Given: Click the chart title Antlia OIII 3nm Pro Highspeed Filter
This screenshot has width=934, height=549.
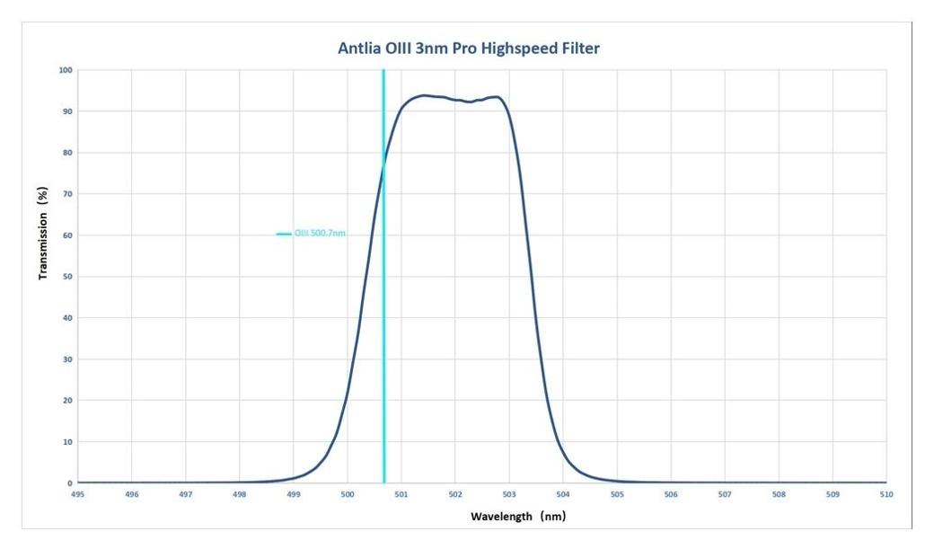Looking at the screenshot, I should pyautogui.click(x=468, y=49).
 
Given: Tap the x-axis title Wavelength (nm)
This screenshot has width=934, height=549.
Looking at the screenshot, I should pyautogui.click(x=518, y=517).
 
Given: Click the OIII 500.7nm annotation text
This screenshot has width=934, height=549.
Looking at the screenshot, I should pyautogui.click(x=321, y=234).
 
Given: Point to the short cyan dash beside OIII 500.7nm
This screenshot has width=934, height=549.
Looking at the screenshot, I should pyautogui.click(x=284, y=234).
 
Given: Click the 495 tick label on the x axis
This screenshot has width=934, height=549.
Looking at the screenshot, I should pyautogui.click(x=78, y=494).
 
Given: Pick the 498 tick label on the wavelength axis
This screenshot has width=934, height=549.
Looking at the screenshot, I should pyautogui.click(x=240, y=494).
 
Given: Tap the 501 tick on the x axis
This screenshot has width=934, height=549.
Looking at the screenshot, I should pyautogui.click(x=401, y=494).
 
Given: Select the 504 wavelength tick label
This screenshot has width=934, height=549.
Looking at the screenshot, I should pyautogui.click(x=563, y=494).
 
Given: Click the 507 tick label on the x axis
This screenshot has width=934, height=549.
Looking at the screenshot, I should pyautogui.click(x=725, y=494).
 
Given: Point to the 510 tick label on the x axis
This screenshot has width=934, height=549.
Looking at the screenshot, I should pyautogui.click(x=886, y=494).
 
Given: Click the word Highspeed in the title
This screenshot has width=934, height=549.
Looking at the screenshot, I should pyautogui.click(x=520, y=49).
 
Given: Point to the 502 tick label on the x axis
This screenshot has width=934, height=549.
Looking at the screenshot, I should pyautogui.click(x=455, y=494).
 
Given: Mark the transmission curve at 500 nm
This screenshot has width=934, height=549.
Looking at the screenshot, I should pyautogui.click(x=348, y=395).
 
